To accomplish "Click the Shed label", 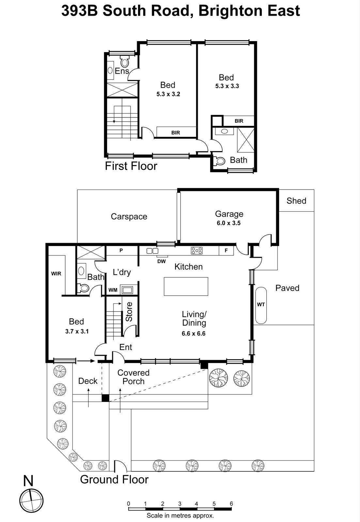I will [296, 201].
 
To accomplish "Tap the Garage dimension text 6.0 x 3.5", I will [228, 223].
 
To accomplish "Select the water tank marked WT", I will [261, 305].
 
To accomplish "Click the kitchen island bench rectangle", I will [186, 286].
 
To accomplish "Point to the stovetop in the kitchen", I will [197, 251].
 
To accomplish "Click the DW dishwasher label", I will [161, 261].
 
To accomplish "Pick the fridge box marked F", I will [226, 251].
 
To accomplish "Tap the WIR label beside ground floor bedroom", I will [56, 274].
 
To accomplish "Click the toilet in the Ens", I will [125, 62].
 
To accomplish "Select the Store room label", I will [129, 312].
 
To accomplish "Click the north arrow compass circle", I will [31, 500].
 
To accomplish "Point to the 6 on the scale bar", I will [231, 504].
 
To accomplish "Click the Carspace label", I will [129, 217].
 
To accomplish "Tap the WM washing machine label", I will [113, 290].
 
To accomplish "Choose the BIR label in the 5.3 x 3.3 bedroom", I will [239, 121].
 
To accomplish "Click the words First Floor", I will [131, 166].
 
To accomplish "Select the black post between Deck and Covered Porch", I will [105, 398].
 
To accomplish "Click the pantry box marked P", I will [121, 251].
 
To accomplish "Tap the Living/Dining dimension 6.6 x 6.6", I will [194, 333].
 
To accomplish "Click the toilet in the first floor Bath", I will [220, 161].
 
